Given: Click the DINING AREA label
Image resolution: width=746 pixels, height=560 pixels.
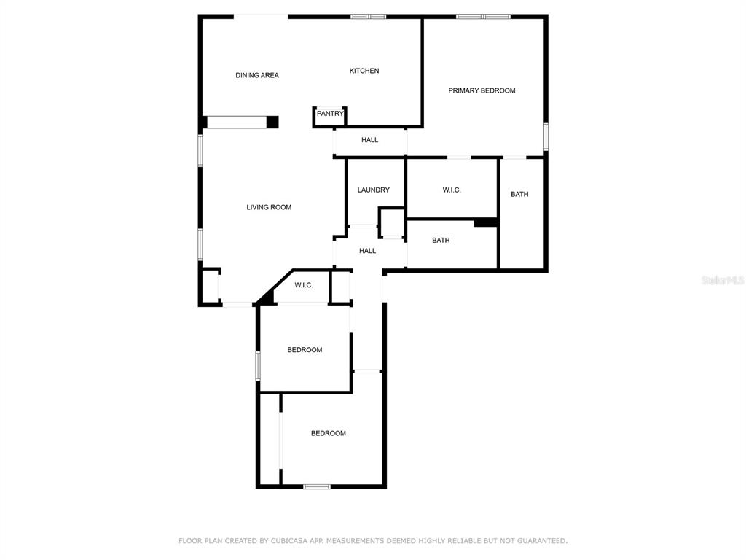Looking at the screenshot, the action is click(x=257, y=75).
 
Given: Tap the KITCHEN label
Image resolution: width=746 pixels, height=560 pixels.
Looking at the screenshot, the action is click(x=364, y=71).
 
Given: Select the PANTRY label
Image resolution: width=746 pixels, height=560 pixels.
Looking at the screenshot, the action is click(x=330, y=113).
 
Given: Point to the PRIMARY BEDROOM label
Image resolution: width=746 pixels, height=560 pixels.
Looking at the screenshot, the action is click(x=482, y=90).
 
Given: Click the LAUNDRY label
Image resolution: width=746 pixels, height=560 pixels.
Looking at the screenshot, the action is click(x=374, y=190).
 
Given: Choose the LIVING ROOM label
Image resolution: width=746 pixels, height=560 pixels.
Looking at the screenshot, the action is click(x=269, y=207).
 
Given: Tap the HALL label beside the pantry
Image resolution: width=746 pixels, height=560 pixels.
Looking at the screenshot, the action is click(x=369, y=139).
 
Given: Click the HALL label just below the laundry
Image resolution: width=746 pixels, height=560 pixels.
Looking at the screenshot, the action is click(x=367, y=251).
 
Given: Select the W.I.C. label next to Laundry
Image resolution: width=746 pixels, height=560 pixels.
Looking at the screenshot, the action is click(x=452, y=190).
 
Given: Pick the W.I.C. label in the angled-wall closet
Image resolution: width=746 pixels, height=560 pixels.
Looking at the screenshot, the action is click(x=304, y=285).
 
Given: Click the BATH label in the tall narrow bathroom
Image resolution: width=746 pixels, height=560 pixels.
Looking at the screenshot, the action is click(x=519, y=194).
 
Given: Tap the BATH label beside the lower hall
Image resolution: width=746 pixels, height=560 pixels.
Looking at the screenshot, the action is click(x=441, y=240).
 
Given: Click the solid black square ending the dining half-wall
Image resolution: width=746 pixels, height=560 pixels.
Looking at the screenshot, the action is click(x=272, y=122).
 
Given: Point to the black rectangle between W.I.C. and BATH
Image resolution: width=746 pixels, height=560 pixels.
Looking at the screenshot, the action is click(x=485, y=222).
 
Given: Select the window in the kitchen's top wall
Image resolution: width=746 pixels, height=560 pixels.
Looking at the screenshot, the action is click(x=368, y=17).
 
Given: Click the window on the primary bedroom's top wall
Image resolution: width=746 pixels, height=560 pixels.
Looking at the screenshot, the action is click(x=484, y=17).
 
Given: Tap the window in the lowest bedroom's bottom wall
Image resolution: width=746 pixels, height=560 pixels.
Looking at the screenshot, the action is click(x=317, y=486).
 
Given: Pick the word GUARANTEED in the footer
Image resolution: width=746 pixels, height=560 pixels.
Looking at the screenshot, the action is click(x=542, y=540).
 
